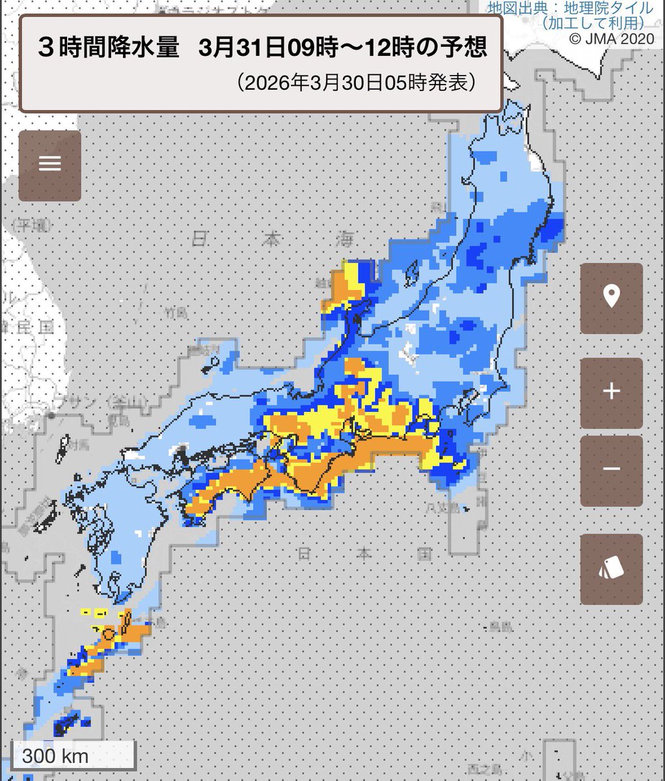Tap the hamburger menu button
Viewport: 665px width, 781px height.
(50, 163)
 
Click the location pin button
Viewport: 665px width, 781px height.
(611, 297)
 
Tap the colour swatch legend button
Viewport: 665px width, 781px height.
(611, 569)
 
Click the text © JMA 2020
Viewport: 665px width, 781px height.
(611, 40)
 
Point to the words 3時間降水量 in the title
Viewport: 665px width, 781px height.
(109, 49)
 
